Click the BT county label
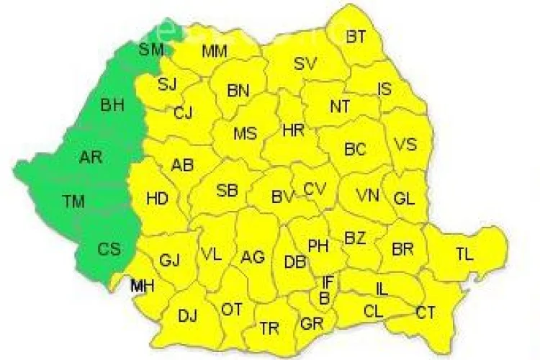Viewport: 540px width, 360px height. click(x=356, y=37)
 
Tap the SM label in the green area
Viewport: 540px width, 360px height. click(x=152, y=50)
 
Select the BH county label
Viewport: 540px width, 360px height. click(x=112, y=106)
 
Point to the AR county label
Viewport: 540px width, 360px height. click(x=91, y=158)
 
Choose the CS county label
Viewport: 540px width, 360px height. click(x=110, y=250)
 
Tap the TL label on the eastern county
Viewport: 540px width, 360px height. click(x=465, y=253)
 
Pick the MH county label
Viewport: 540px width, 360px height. click(x=142, y=287)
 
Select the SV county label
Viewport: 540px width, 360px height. click(x=306, y=63)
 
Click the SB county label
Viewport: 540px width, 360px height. click(x=228, y=191)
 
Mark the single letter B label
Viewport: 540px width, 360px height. click(x=324, y=297)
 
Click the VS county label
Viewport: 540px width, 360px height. click(x=406, y=144)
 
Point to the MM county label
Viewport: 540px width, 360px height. click(x=215, y=51)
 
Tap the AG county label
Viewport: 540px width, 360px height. click(x=253, y=256)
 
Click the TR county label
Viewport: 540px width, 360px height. click(x=269, y=328)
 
